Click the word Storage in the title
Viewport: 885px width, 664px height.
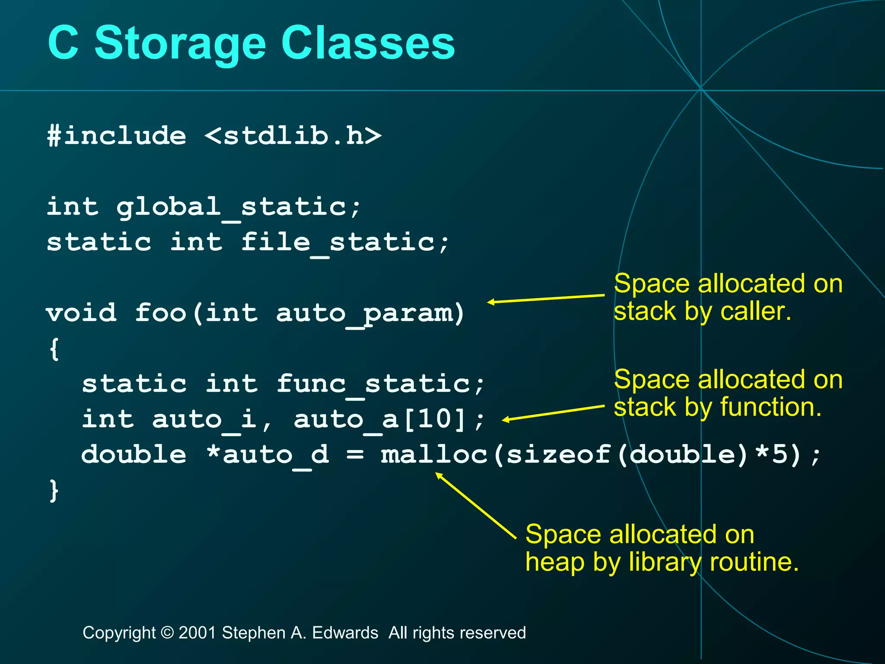coord(180,43)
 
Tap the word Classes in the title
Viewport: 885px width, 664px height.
coord(368,43)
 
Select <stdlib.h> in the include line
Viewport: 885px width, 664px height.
coord(293,136)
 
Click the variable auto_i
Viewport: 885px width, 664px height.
coord(204,419)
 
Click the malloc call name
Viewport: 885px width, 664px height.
coord(434,455)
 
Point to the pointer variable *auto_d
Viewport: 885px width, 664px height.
coord(267,455)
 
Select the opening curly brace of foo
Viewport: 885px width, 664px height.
coord(54,348)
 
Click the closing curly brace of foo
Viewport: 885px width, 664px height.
coord(54,490)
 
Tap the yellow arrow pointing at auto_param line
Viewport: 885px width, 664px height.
coord(546,299)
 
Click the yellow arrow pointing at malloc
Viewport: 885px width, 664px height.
coord(475,505)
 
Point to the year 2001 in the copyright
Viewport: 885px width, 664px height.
coord(197,633)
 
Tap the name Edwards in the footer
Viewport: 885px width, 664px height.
coord(345,633)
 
